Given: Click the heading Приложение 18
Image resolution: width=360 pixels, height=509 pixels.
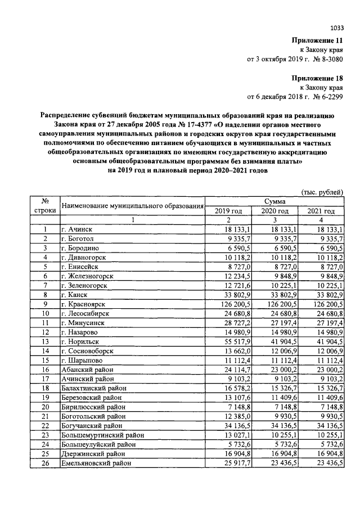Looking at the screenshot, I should tap(317, 79).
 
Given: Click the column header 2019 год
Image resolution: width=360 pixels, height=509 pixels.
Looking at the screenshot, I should tap(228, 211).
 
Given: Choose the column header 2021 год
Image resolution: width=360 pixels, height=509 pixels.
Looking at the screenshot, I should tap(321, 211).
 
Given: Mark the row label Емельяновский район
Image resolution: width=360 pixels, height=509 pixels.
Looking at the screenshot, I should tap(96, 463).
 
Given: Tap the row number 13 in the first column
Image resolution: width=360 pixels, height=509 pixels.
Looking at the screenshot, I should tap(44, 341).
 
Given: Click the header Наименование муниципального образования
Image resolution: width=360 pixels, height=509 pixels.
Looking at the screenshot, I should tap(132, 206).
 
